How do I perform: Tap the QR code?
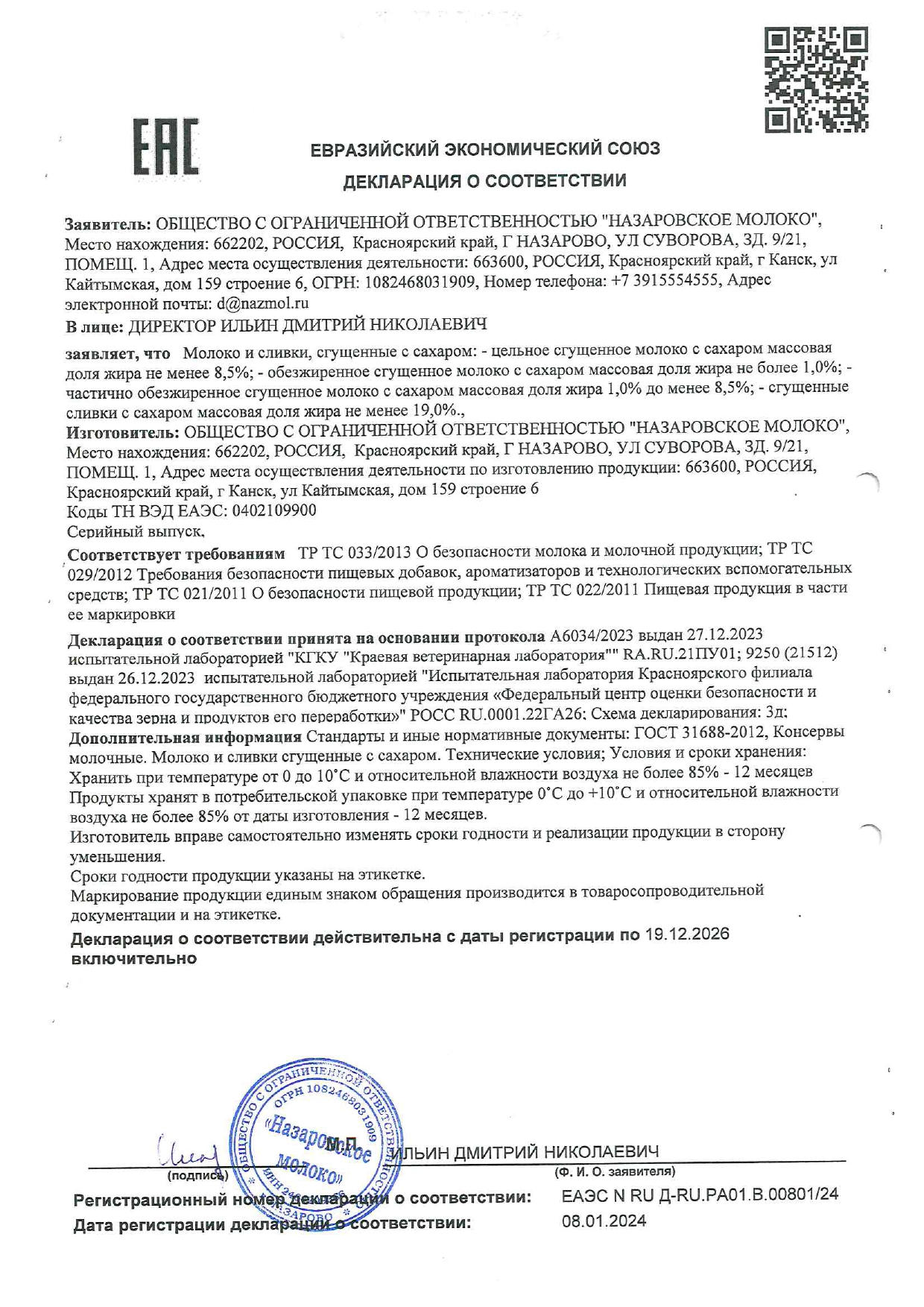(816, 80)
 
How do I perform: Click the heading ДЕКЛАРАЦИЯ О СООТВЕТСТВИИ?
(484, 181)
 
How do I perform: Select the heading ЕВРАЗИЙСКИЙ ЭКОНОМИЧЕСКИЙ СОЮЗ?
(485, 149)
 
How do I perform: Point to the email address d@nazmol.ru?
(262, 303)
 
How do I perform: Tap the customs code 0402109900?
(274, 510)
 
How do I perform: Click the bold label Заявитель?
(108, 223)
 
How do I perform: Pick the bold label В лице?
(95, 326)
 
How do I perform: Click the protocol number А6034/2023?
(591, 635)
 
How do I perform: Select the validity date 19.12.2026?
(687, 934)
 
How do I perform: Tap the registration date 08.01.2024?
(604, 1221)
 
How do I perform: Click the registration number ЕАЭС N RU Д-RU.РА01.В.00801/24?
(700, 1194)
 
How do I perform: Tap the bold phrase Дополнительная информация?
(185, 738)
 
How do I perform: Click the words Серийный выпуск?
(135, 531)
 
